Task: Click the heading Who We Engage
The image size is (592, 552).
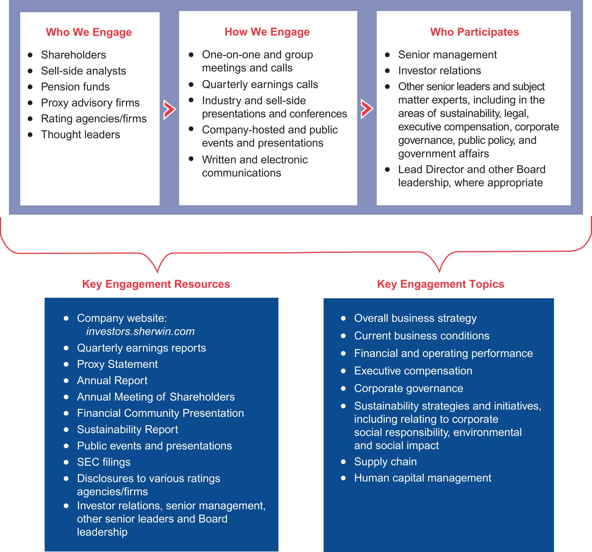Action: tap(89, 32)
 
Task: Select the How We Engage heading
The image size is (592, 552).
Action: tap(267, 32)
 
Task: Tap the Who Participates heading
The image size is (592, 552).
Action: tap(474, 32)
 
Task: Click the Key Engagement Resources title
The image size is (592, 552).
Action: tap(156, 284)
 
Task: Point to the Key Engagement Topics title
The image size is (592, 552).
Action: tap(440, 284)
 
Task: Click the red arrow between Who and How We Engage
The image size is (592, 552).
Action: tap(169, 110)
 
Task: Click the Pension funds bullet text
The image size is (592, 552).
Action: tap(75, 87)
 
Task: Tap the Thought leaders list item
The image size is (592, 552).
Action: tap(80, 134)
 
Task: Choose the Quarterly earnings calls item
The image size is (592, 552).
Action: tap(260, 84)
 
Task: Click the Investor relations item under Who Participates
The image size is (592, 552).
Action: tap(439, 71)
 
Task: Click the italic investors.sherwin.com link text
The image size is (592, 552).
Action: tap(140, 331)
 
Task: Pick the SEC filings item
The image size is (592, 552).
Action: tap(104, 462)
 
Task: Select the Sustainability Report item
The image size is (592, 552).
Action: tap(127, 429)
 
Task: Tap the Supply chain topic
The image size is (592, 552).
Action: tap(385, 462)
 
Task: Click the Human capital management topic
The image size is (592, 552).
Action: tap(422, 478)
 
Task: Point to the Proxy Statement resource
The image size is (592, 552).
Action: tap(117, 364)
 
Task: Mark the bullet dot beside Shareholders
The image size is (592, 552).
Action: tap(30, 55)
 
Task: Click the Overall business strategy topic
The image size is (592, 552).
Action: tap(415, 318)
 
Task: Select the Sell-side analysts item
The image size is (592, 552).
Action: tap(83, 71)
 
